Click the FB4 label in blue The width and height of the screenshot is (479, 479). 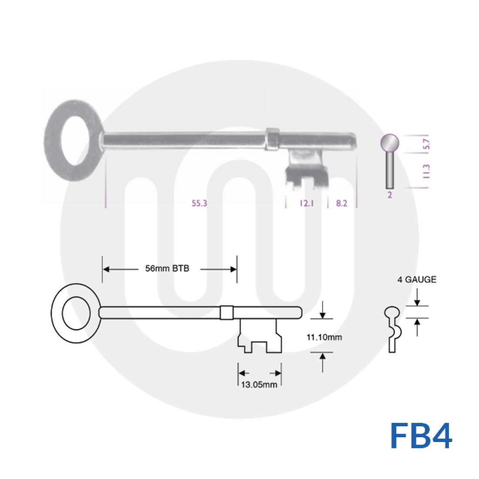click(x=421, y=435)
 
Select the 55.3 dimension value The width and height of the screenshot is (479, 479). click(x=199, y=203)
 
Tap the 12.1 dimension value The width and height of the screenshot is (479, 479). click(x=307, y=203)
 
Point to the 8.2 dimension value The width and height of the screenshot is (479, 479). click(x=342, y=203)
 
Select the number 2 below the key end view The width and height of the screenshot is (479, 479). click(x=390, y=195)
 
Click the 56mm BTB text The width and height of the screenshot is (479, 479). click(x=167, y=269)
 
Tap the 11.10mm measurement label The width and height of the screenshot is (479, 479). click(x=324, y=337)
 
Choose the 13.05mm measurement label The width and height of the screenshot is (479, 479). click(x=259, y=385)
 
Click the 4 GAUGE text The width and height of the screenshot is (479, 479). click(x=416, y=280)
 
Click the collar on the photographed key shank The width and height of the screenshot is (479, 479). click(x=272, y=139)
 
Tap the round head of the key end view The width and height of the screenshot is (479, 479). click(x=390, y=142)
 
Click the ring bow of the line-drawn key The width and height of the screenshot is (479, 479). click(x=76, y=313)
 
